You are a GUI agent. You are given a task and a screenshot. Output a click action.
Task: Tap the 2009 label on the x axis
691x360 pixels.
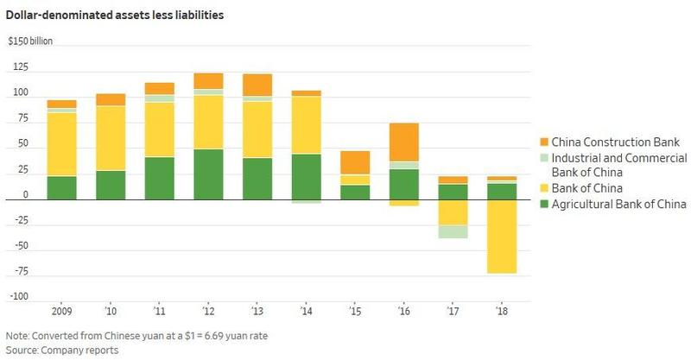click(61, 308)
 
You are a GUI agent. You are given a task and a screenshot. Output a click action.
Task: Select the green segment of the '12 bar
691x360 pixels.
click(208, 174)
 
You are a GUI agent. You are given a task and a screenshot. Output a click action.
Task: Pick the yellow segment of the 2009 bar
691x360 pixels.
click(61, 144)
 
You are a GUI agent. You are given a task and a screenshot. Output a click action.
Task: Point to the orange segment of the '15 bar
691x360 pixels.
click(355, 162)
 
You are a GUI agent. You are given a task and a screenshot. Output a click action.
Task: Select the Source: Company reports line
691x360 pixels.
click(61, 351)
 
